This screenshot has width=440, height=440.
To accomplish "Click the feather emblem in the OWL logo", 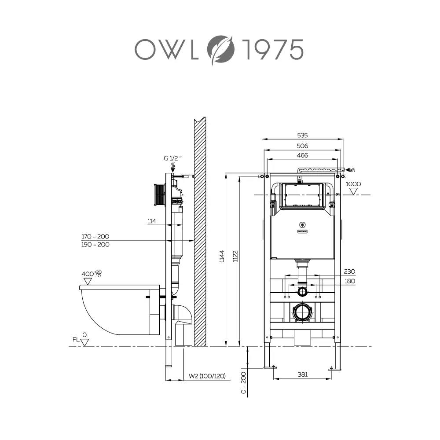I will tap(221, 49).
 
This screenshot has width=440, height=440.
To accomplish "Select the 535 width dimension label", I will tap(302, 136).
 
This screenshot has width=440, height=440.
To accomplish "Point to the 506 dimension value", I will tap(302, 146).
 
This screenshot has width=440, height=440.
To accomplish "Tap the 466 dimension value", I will tap(302, 155).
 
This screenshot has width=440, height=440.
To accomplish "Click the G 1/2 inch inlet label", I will tap(173, 158).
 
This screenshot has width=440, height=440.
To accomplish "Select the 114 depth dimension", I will tap(152, 221).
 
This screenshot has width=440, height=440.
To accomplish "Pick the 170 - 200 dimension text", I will tap(95, 236).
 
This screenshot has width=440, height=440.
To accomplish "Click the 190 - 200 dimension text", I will tap(95, 245).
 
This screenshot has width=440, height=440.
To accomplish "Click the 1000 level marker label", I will tap(353, 184).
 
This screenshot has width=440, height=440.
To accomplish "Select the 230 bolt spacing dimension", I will tap(350, 271).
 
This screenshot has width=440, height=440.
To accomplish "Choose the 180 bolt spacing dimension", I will tap(350, 281).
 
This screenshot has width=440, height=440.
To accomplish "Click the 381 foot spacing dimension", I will tap(302, 375).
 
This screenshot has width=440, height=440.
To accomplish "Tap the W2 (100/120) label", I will tap(207, 376).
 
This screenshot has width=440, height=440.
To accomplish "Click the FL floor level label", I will tap(76, 340).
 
